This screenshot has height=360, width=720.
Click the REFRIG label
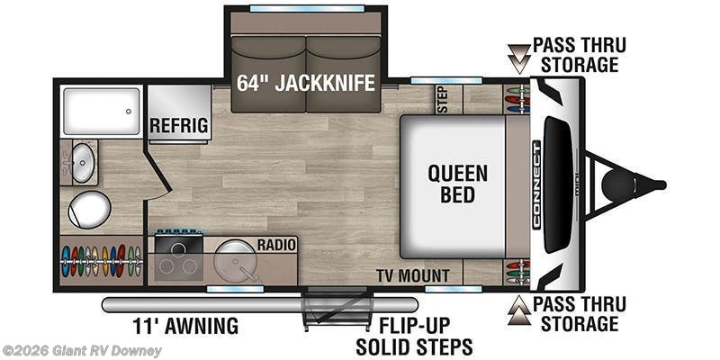click(x=179, y=124)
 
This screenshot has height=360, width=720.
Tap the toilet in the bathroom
click(x=89, y=210)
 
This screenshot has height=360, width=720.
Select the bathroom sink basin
click(x=83, y=163)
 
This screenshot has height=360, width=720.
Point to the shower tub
click(x=102, y=111)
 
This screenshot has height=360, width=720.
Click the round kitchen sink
click(x=234, y=259)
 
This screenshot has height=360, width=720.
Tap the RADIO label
click(x=276, y=245)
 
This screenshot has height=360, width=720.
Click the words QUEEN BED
click(x=458, y=184)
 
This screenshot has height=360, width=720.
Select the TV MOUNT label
click(x=413, y=275)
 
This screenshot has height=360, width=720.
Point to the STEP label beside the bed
click(x=444, y=99)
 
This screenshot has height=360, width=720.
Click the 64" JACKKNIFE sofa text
click(x=306, y=83)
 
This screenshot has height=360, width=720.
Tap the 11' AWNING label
click(x=185, y=326)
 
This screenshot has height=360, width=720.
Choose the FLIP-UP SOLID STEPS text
click(x=414, y=335)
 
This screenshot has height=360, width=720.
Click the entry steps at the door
click(x=337, y=308)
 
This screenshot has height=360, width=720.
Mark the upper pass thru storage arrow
click(x=519, y=58)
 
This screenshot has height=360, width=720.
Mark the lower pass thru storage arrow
click(x=519, y=310)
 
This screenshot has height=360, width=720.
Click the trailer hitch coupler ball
click(x=617, y=185)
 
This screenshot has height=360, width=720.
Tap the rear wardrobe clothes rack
click(x=101, y=261)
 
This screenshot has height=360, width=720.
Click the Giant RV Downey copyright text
click(x=81, y=351)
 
